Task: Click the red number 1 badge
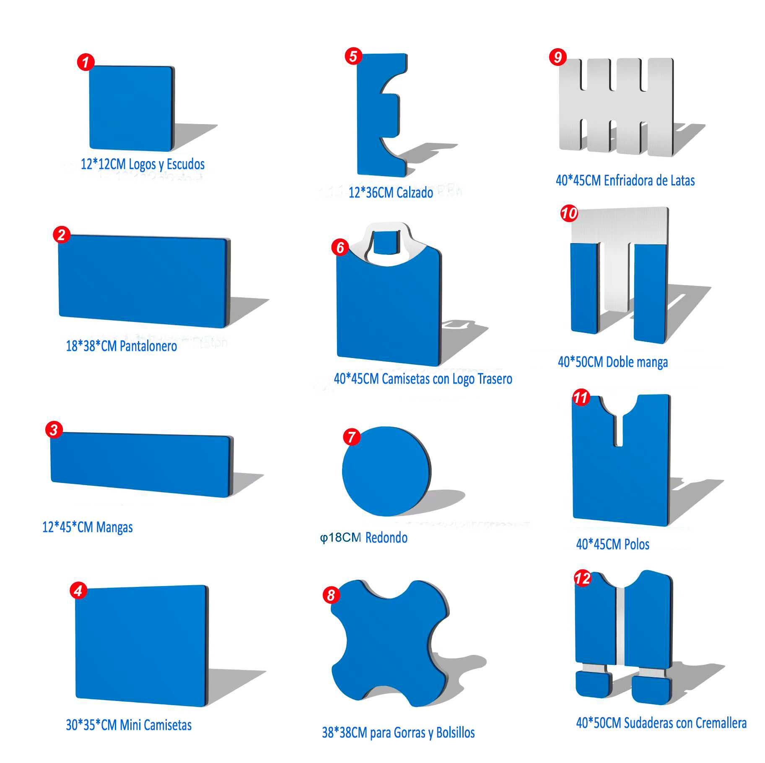(x=86, y=62)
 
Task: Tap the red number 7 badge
(x=352, y=437)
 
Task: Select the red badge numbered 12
(x=583, y=578)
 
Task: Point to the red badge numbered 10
(x=569, y=213)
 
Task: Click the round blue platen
(x=386, y=471)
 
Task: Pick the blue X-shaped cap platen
(x=390, y=641)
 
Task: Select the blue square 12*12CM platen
(x=132, y=108)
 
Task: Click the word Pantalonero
(x=148, y=346)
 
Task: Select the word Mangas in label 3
(x=114, y=527)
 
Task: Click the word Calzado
(x=415, y=193)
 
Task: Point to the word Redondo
(x=386, y=537)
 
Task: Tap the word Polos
(x=637, y=544)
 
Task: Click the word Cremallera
(x=721, y=723)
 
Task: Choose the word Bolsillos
(x=455, y=732)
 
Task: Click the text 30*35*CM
(x=91, y=725)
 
